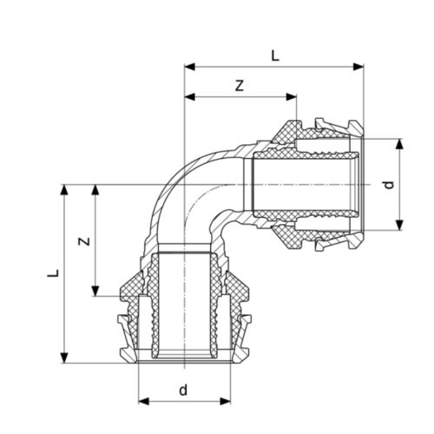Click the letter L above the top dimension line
click(x=275, y=55)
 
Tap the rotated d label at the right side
click(x=391, y=184)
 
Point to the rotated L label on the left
click(x=53, y=274)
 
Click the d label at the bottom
click(x=183, y=390)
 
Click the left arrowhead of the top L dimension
click(x=188, y=66)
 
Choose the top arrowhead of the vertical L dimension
click(x=64, y=189)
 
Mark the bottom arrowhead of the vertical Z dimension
click(x=95, y=292)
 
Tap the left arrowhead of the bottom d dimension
click(x=142, y=401)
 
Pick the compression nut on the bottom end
click(x=183, y=321)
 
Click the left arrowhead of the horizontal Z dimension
click(x=188, y=96)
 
